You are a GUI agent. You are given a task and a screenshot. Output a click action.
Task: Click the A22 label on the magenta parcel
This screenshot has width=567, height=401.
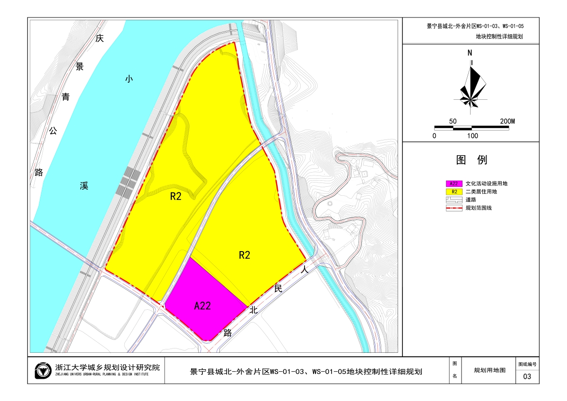pos(202,306)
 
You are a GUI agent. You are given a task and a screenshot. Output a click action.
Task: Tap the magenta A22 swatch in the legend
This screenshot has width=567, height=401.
pos(454,183)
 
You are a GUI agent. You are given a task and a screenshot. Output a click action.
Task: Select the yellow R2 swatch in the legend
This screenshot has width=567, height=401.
pos(454,192)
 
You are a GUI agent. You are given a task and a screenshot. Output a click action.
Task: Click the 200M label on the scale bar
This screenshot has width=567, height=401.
pos(507,121)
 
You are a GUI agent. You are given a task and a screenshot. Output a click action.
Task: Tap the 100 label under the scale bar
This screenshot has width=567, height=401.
pos(472,136)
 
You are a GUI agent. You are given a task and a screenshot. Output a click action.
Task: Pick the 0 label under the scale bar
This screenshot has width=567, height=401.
pos(435,136)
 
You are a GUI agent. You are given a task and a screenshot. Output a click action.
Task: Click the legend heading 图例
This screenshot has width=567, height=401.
pos(471,160)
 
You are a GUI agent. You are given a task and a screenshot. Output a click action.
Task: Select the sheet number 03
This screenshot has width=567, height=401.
pos(527,377)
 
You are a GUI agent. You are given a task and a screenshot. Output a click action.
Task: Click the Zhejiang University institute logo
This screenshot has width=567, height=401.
pos(43,370)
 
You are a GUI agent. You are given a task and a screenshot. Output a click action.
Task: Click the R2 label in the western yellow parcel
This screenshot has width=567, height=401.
pos(176,197)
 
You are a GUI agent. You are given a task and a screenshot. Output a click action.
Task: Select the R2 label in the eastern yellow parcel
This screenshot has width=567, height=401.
pos(244,255)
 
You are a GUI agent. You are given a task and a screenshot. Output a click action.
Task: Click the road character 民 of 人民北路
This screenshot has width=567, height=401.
pos(278,288)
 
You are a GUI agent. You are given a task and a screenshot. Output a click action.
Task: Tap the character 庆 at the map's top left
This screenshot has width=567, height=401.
pos(99,38)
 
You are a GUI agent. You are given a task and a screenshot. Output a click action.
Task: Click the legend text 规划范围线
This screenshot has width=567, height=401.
pos(479,208)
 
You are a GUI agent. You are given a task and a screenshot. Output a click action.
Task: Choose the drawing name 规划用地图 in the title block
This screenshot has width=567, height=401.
pos(489,370)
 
